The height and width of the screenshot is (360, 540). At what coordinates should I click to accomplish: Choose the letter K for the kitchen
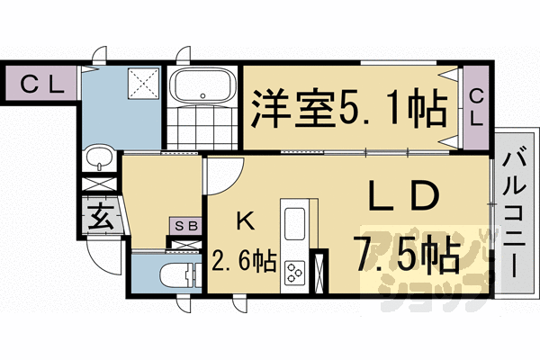[x=244, y=220]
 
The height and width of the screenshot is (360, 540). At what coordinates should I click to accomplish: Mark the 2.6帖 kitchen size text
[x=244, y=262]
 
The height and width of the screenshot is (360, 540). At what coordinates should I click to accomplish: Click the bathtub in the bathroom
[x=202, y=88]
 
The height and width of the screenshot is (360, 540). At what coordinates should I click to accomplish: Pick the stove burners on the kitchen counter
[x=295, y=271]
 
